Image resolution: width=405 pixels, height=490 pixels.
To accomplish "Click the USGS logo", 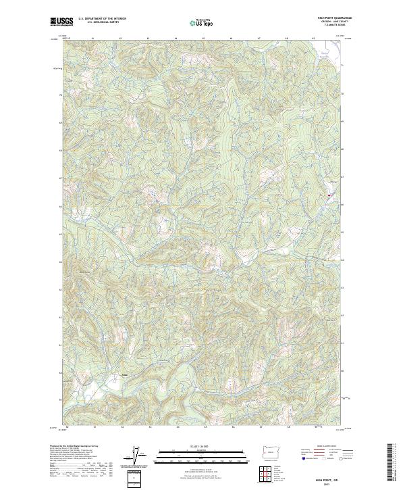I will coord(61,22).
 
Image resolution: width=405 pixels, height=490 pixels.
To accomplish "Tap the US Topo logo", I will coord(202,22).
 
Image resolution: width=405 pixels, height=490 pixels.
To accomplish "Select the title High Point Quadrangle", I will coord(335,18).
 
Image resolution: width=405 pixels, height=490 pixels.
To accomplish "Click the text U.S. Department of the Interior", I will coord(101,18).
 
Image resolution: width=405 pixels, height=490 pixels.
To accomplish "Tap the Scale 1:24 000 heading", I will coord(202,445).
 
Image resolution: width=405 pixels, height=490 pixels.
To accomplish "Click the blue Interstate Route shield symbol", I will coord(303,458).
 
